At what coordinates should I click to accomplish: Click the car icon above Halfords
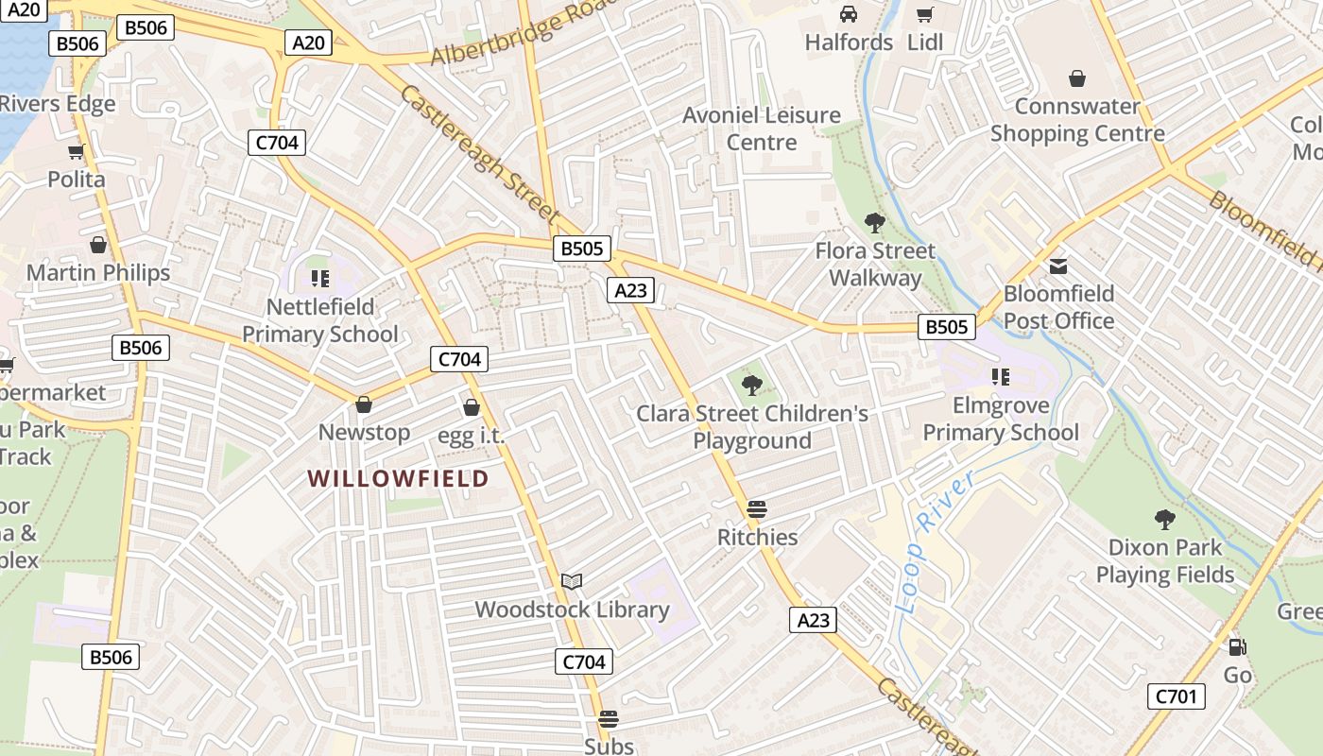pos(849,14)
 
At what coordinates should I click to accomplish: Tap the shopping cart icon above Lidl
pos(924,14)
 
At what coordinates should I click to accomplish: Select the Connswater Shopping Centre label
pos(1077,119)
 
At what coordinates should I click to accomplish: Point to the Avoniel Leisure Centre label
pos(762,129)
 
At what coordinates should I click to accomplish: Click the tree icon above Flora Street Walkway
pos(875,223)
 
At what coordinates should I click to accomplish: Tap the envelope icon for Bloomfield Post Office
pos(1058,266)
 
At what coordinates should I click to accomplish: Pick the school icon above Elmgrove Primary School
pos(1001,377)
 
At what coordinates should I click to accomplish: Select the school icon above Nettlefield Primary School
pos(319,279)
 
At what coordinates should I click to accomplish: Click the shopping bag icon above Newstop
pos(363,404)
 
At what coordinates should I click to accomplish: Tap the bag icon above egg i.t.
pos(471,407)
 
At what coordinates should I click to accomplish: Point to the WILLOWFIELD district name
pos(398,478)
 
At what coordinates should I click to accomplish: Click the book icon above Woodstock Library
pos(571,581)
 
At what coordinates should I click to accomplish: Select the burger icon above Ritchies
pos(756,509)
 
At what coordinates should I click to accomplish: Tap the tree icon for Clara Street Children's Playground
pos(752,385)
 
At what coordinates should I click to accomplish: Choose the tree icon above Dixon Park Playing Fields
pos(1164,519)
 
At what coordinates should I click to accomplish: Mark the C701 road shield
pos(1177,697)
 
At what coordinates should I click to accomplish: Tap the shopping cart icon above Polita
pos(76,151)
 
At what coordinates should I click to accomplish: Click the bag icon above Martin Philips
pos(98,246)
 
